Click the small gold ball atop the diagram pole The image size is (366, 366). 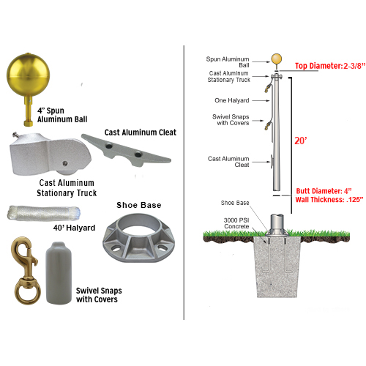pyautogui.click(x=277, y=60)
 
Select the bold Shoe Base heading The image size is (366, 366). pyautogui.click(x=138, y=204)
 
